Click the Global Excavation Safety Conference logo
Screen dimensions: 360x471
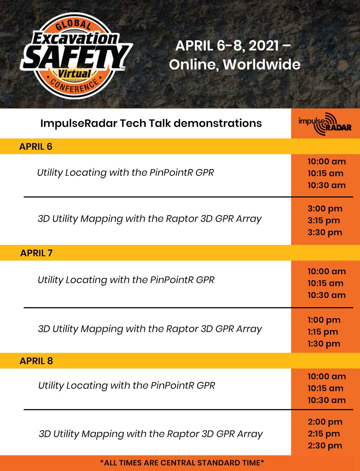pyautogui.click(x=76, y=56)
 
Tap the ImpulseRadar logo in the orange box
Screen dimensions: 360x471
pyautogui.click(x=325, y=124)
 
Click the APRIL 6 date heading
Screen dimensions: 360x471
pyautogui.click(x=36, y=146)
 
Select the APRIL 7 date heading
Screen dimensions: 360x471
pyautogui.click(x=36, y=253)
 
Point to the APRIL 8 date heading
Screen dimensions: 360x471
pyautogui.click(x=36, y=361)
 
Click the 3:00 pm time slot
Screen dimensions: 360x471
pyautogui.click(x=325, y=209)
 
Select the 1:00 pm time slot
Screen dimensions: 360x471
pyautogui.click(x=324, y=320)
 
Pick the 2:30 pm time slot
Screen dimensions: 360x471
pyautogui.click(x=325, y=446)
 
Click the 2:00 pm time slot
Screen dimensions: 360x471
pyautogui.click(x=325, y=422)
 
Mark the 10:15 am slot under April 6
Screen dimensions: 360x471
pyautogui.click(x=325, y=173)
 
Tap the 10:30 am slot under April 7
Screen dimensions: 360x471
pyautogui.click(x=327, y=295)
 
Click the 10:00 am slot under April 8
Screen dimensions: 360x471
pyautogui.click(x=327, y=376)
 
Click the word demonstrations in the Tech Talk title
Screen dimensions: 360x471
pyautogui.click(x=218, y=123)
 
